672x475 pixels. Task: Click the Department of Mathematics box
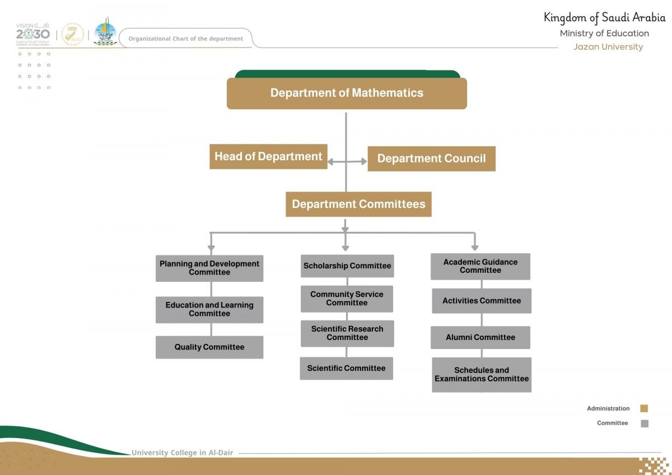(347, 93)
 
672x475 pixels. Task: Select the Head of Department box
(268, 157)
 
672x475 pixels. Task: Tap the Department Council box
(431, 159)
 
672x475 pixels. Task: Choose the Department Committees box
(358, 204)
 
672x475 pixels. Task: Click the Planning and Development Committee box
(209, 268)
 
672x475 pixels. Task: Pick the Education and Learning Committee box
(209, 309)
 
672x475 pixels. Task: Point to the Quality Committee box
(209, 347)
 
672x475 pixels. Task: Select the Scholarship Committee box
(347, 266)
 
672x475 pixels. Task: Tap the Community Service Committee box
(347, 299)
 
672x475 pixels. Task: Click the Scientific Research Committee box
(347, 333)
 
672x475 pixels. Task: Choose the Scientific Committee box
(346, 369)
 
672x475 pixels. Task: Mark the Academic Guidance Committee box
(480, 266)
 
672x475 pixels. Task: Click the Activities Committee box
(482, 301)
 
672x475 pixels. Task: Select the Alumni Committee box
(480, 337)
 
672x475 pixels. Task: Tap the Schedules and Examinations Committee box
(482, 375)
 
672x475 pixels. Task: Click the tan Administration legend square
(644, 409)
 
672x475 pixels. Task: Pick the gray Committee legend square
(644, 423)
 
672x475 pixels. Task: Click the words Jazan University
(608, 47)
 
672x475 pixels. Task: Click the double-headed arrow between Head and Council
(347, 161)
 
